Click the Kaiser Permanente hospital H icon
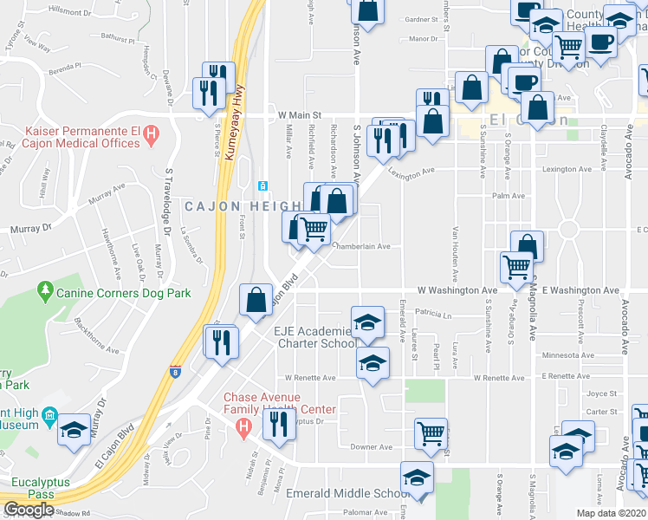point(152,134)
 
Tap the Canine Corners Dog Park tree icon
point(45,294)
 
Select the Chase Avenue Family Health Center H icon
point(244,426)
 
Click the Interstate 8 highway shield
point(176,370)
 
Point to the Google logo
point(29,510)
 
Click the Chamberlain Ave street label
point(362,246)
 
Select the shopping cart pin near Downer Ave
point(431,432)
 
